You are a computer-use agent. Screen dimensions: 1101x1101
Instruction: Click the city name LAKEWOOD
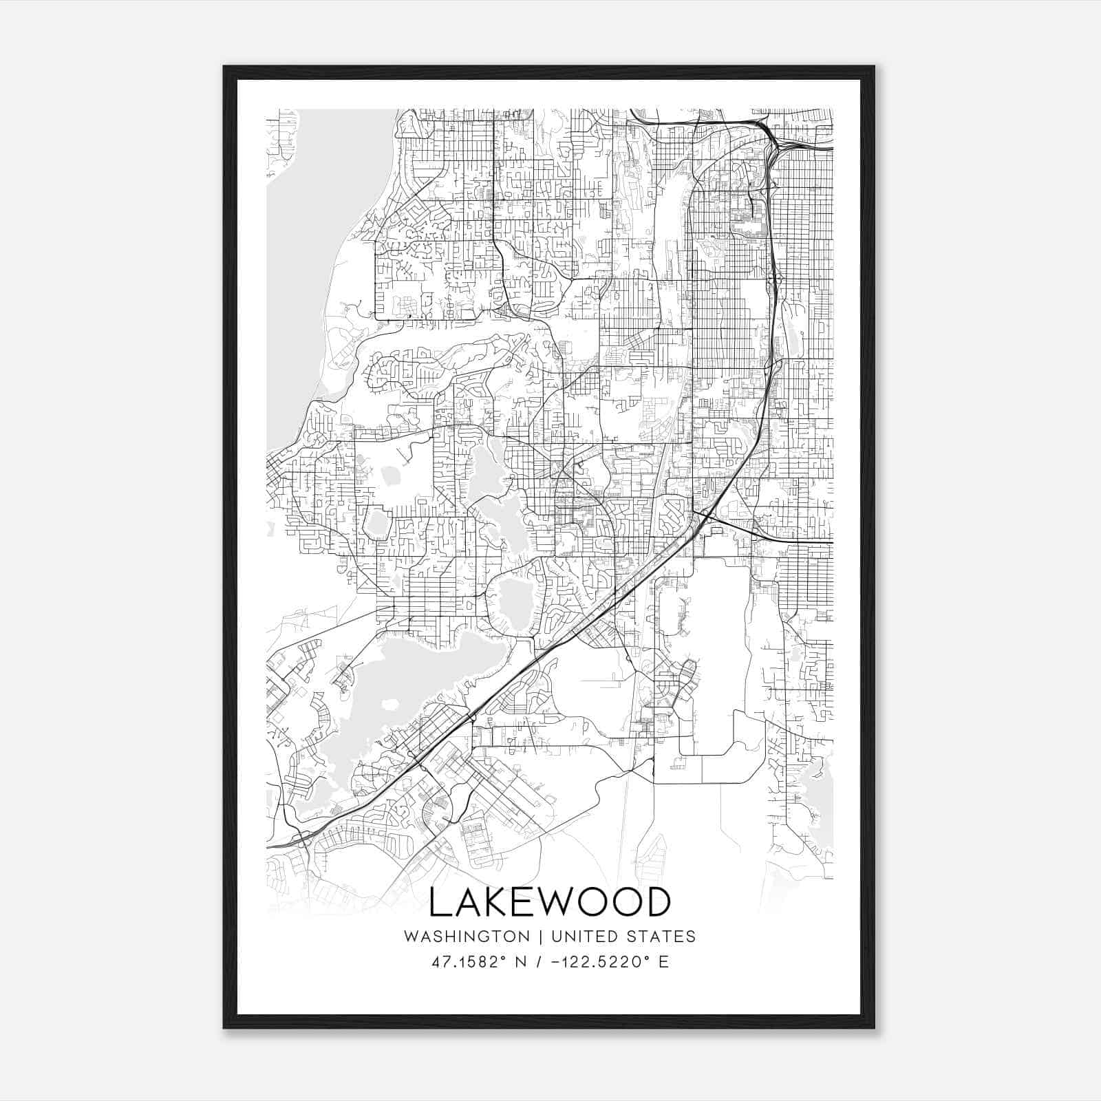(549, 902)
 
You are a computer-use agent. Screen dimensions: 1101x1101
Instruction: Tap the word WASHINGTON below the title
(467, 937)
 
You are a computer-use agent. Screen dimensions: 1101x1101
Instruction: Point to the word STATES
(663, 937)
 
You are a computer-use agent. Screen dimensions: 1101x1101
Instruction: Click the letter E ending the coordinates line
(663, 962)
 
